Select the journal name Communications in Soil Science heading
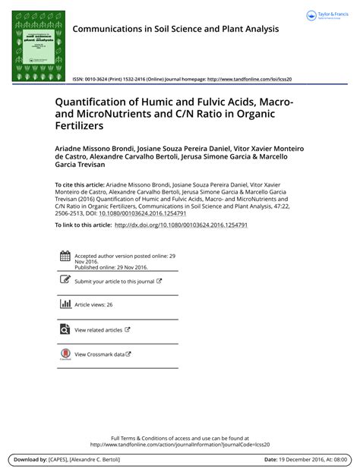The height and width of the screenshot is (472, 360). tap(175, 29)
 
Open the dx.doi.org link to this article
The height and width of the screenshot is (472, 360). tap(181, 225)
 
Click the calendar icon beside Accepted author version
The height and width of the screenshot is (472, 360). tap(65, 256)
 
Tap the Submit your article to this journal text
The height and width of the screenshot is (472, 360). tap(115, 281)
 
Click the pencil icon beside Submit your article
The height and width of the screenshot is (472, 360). tap(65, 281)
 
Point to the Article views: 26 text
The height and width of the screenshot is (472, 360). tap(93, 304)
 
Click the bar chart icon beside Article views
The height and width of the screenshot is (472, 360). tap(65, 304)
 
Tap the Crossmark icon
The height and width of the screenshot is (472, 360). tap(65, 354)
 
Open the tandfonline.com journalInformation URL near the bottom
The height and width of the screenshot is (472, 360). tap(179, 445)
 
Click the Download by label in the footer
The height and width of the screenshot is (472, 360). tap(30, 460)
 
